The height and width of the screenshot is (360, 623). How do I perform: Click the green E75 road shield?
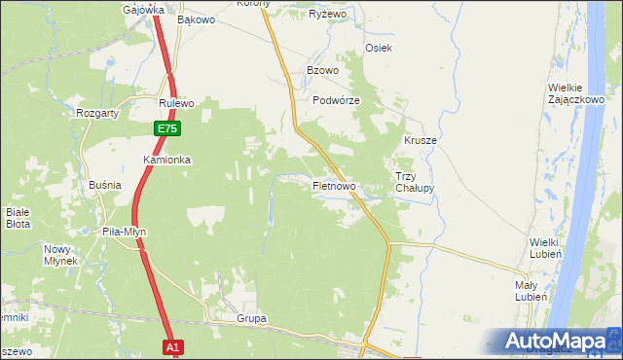(166, 128)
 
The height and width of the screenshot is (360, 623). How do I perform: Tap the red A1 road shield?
(172, 347)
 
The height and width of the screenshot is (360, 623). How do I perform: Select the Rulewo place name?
(178, 102)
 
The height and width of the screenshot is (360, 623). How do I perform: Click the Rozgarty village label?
(97, 113)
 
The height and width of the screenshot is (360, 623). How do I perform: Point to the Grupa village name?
(251, 318)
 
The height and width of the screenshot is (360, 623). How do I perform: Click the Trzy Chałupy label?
(414, 183)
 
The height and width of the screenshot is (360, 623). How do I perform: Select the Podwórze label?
(337, 100)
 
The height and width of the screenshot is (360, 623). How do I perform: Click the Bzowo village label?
(322, 71)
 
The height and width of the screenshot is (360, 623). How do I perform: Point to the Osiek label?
(378, 48)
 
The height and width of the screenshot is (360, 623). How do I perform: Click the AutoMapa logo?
(558, 341)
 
